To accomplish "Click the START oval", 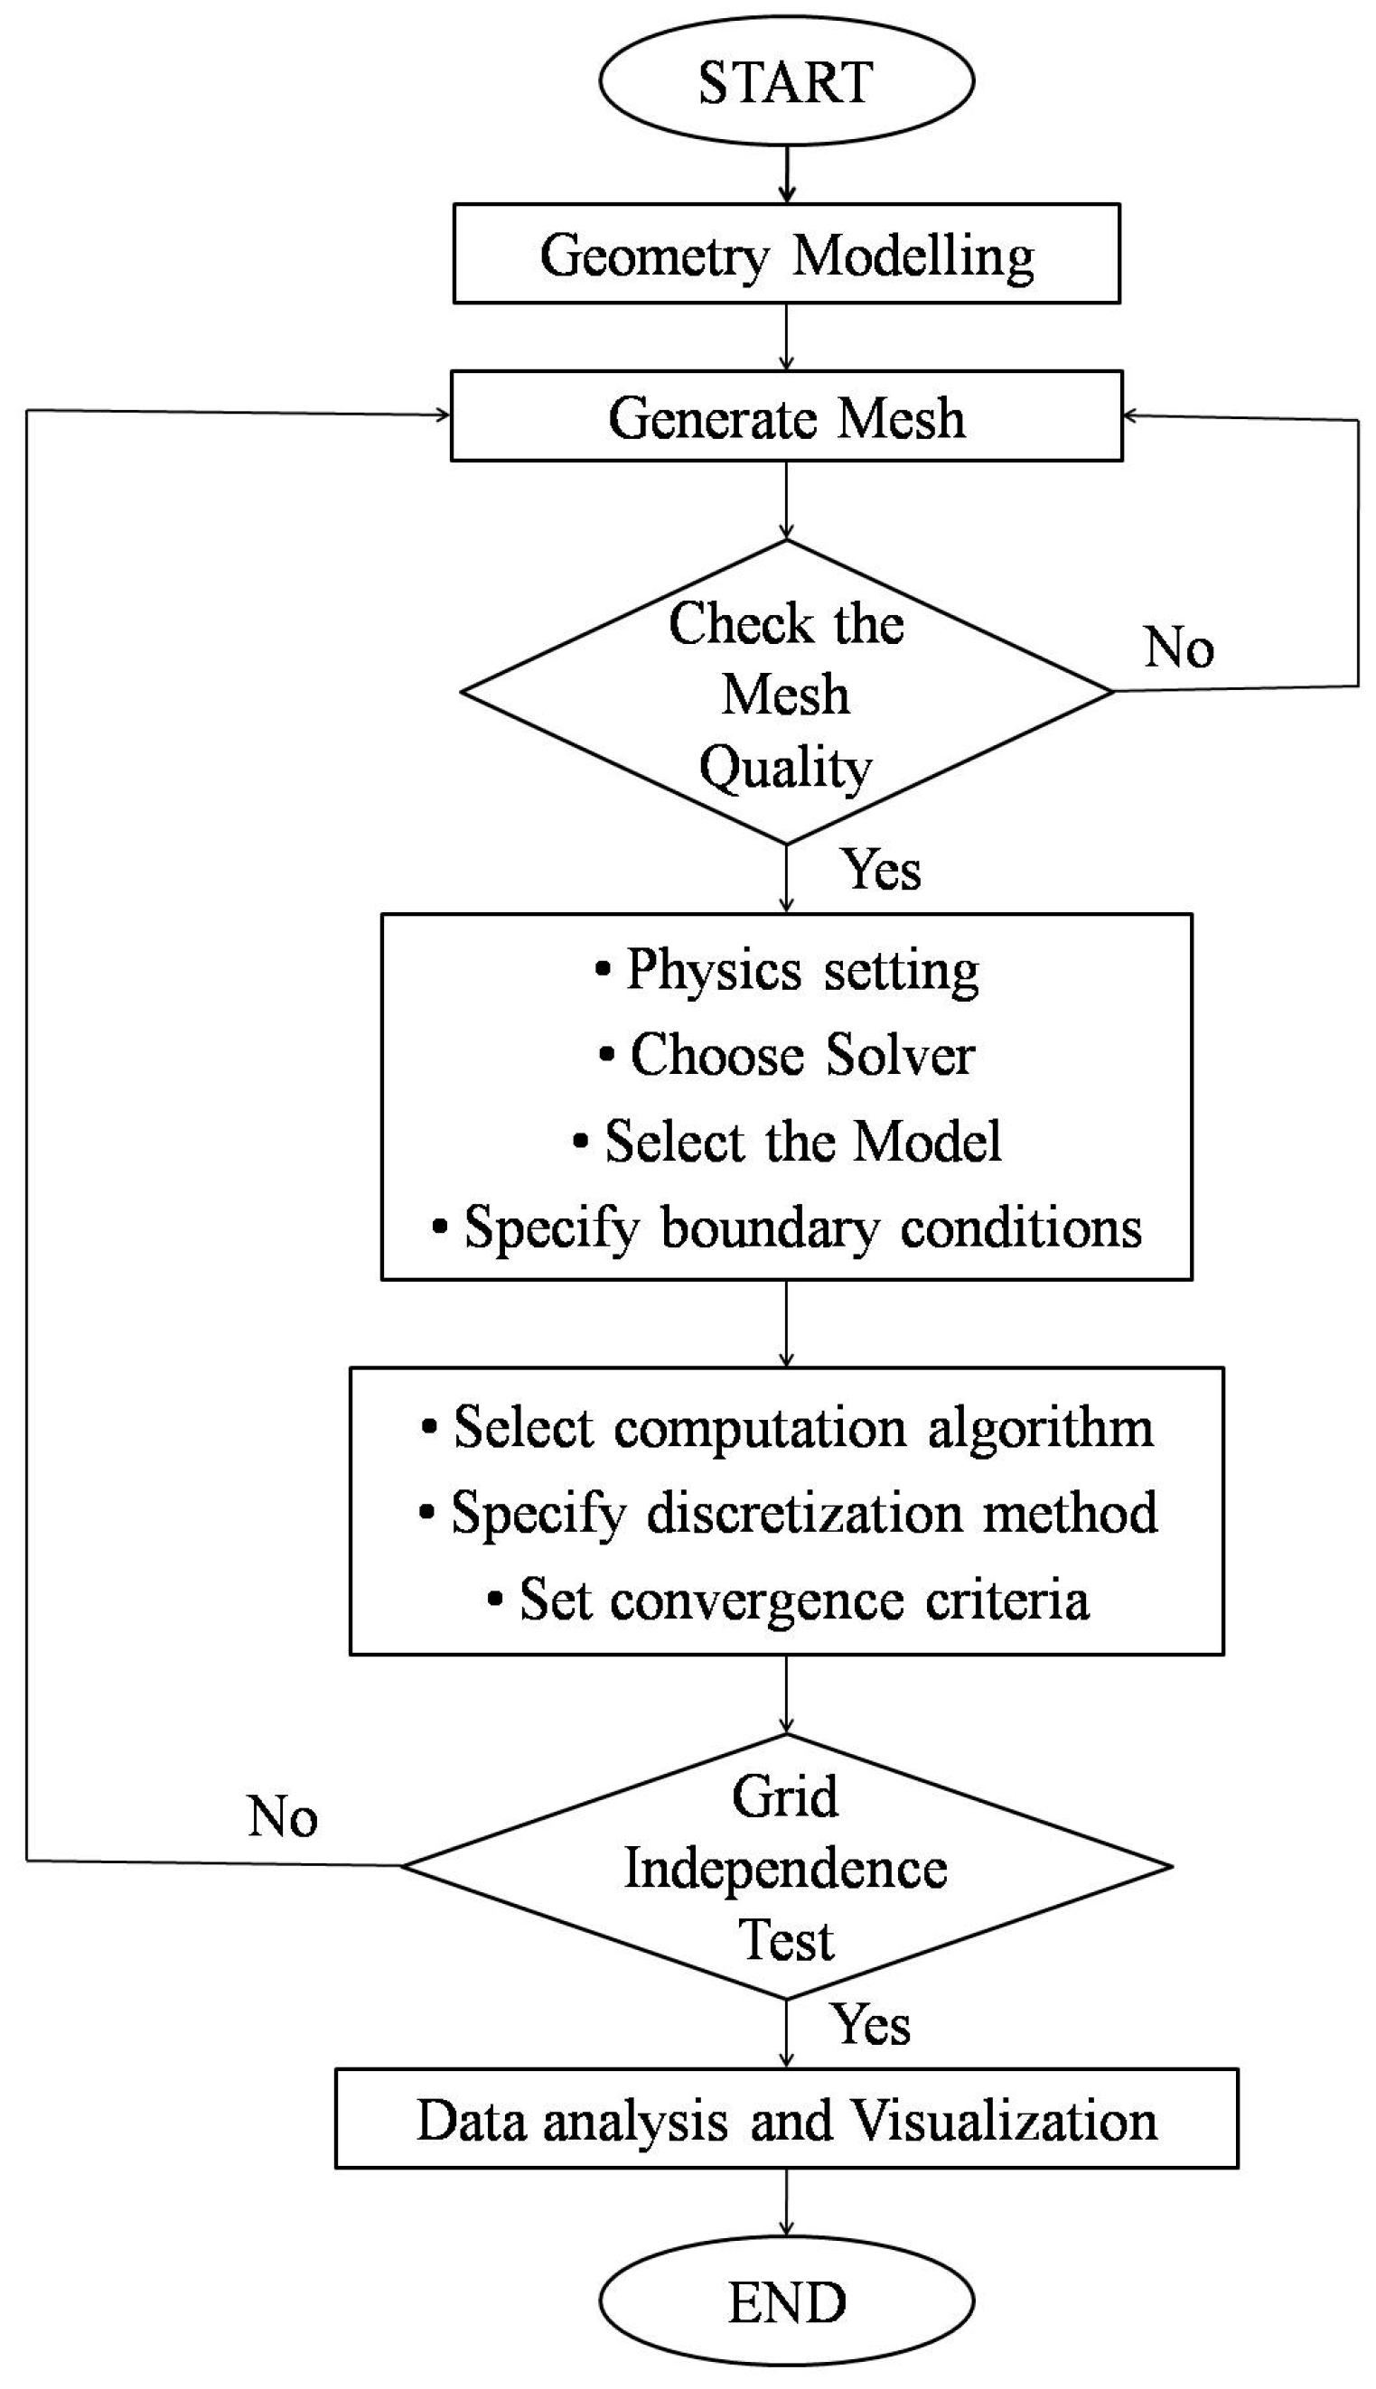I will click(x=785, y=81).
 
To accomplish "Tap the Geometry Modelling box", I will click(x=785, y=254).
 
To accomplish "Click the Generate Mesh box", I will click(x=785, y=416).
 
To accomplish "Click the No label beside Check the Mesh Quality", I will click(x=1178, y=648).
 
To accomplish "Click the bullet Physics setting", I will click(x=787, y=969).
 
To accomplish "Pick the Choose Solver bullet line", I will click(x=787, y=1055).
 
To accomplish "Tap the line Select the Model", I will click(x=787, y=1141).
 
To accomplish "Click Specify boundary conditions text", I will click(x=787, y=1228).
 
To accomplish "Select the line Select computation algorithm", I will click(x=787, y=1427).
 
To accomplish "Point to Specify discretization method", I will click(x=787, y=1513).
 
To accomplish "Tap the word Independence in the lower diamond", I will click(x=785, y=1869).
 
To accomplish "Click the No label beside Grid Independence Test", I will click(x=282, y=1815).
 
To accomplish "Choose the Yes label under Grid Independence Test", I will click(x=871, y=2024).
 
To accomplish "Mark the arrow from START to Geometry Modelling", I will click(x=786, y=173).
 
